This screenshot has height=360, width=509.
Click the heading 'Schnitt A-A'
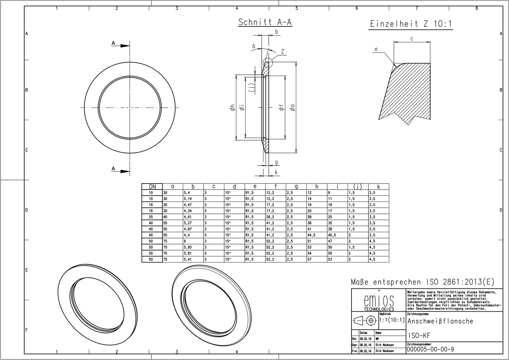pyautogui.click(x=265, y=22)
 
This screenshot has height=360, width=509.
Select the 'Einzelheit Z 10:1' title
pyautogui.click(x=411, y=24)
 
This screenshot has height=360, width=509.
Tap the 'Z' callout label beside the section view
pyautogui.click(x=283, y=52)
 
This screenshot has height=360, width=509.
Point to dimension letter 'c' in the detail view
pyautogui.click(x=411, y=38)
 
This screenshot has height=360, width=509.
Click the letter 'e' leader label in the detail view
pyautogui.click(x=376, y=49)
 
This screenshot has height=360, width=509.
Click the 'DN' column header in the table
pyautogui.click(x=152, y=187)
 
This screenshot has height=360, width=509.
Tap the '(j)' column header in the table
pyautogui.click(x=358, y=187)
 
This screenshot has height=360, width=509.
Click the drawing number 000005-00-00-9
pyautogui.click(x=430, y=349)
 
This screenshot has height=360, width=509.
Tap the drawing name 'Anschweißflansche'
pyautogui.click(x=440, y=321)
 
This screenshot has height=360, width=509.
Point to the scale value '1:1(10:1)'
pyautogui.click(x=392, y=321)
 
